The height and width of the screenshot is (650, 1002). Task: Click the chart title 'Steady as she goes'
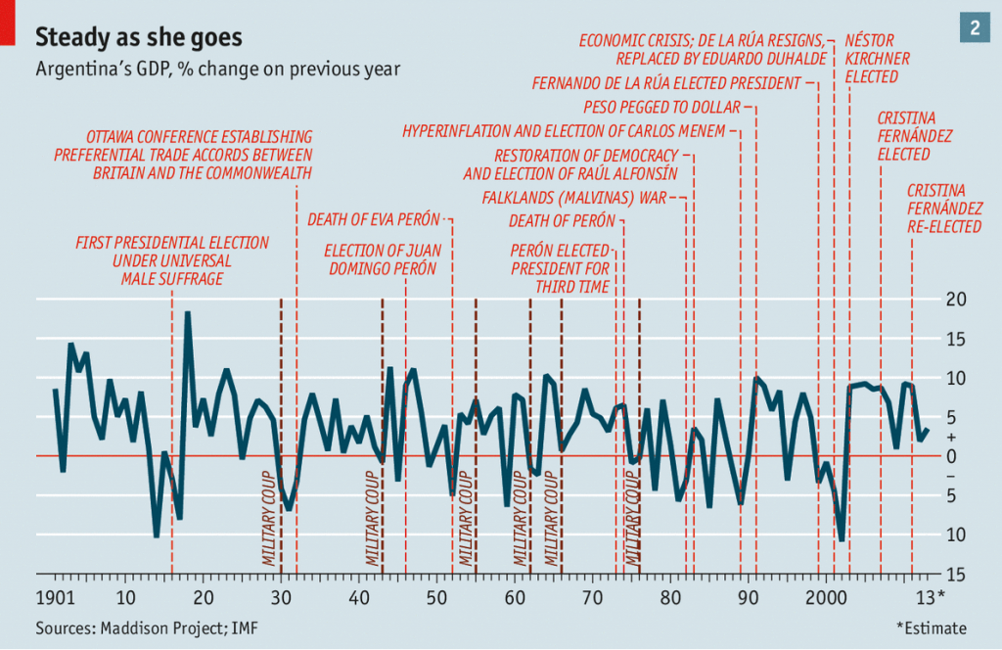coord(139,37)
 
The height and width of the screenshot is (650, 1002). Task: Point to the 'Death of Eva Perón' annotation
coord(374,218)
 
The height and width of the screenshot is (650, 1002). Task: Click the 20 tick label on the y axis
coord(955,300)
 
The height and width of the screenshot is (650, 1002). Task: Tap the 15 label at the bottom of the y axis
coord(955,574)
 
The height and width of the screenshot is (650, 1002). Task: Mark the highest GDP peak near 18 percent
coord(187,313)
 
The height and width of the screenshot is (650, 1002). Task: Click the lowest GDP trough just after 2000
coord(842,539)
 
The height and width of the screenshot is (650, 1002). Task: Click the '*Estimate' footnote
coord(931,627)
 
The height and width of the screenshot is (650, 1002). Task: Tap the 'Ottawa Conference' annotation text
coord(184,155)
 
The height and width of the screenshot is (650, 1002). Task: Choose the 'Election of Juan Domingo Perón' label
coord(380,259)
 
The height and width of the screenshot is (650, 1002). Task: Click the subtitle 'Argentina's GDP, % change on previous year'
coord(217,70)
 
